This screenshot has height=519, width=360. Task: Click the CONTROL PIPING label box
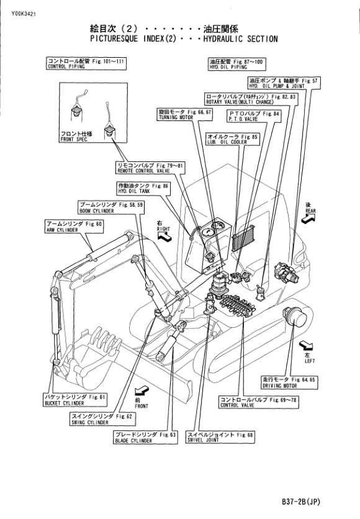pyautogui.click(x=86, y=63)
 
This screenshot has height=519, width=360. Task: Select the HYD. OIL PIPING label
pyautogui.click(x=237, y=64)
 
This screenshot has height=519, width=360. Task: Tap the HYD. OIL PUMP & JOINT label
pyautogui.click(x=284, y=83)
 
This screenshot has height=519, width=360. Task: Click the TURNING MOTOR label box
pyautogui.click(x=184, y=114)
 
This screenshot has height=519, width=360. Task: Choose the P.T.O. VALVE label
pyautogui.click(x=254, y=116)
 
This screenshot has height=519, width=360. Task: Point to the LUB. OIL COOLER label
pyautogui.click(x=233, y=139)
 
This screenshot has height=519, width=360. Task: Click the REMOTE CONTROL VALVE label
pyautogui.click(x=150, y=168)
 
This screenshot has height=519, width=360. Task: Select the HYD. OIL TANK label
pyautogui.click(x=143, y=188)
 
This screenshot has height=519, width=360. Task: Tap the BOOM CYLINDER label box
pyautogui.click(x=111, y=207)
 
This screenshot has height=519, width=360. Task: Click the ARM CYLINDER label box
pyautogui.click(x=74, y=227)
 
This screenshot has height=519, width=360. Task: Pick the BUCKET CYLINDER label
pyautogui.click(x=76, y=400)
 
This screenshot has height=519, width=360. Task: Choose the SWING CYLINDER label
pyautogui.click(x=102, y=419)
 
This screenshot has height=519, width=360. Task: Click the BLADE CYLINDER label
pyautogui.click(x=145, y=437)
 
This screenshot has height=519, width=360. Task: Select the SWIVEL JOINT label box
pyautogui.click(x=221, y=437)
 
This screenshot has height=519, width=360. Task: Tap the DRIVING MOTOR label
pyautogui.click(x=289, y=382)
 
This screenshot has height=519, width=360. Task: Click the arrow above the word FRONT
pyautogui.click(x=142, y=391)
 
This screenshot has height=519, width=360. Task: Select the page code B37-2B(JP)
pyautogui.click(x=301, y=502)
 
